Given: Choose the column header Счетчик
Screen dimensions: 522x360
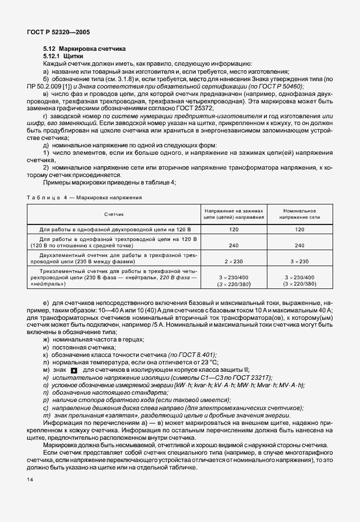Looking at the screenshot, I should [x=113, y=214].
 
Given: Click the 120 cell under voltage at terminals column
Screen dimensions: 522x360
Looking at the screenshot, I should [x=234, y=228].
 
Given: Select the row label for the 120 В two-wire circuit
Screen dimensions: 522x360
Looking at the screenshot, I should [x=113, y=228].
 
